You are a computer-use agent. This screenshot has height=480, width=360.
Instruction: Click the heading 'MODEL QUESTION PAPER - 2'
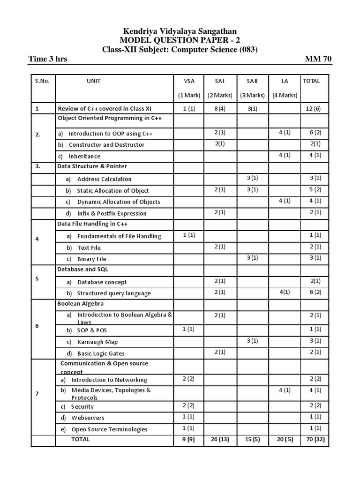(x=180, y=40)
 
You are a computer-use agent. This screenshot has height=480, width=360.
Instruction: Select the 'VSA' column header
(x=188, y=81)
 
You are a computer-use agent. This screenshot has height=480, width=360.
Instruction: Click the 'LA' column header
(x=285, y=81)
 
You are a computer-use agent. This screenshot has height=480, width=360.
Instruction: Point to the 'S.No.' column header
(x=42, y=81)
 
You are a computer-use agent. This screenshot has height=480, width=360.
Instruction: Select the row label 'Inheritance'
(x=84, y=156)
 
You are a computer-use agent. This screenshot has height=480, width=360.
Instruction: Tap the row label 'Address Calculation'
(x=104, y=179)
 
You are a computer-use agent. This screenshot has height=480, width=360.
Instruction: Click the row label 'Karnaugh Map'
(x=97, y=342)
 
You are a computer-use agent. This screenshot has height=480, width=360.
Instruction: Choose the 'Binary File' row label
(x=92, y=259)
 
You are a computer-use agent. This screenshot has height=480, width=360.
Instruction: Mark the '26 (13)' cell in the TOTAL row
(x=220, y=440)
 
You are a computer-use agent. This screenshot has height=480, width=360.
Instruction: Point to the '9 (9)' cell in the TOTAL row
(x=188, y=440)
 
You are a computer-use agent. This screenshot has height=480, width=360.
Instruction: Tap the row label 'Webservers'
(x=88, y=418)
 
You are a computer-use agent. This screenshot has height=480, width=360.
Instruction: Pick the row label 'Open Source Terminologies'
(x=109, y=429)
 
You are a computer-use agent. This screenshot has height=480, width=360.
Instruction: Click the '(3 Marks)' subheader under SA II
(x=252, y=96)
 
